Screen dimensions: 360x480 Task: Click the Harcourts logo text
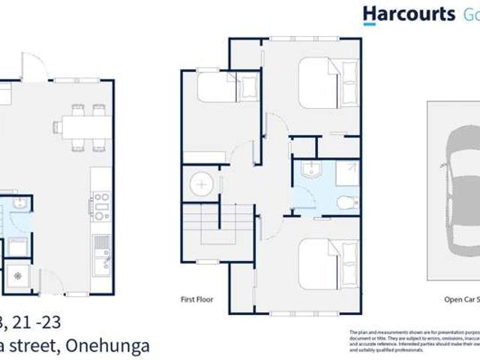tap(409, 13)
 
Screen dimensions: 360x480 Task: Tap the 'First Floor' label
tap(197, 298)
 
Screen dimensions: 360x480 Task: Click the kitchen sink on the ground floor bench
tap(100, 248)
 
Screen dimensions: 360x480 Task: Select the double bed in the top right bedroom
tap(331, 83)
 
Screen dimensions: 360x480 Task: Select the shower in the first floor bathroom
tap(346, 174)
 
